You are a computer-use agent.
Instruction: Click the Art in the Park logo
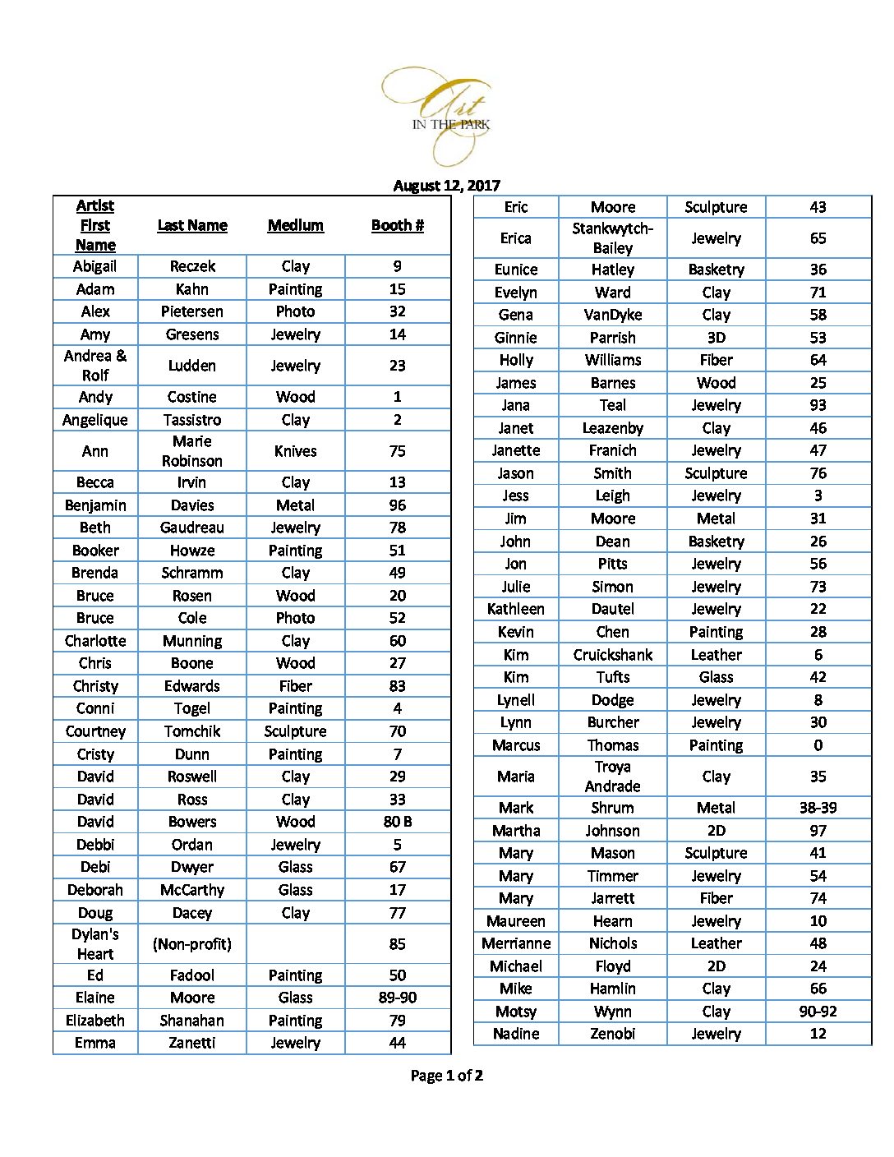[447, 115]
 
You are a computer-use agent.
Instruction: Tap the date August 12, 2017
[446, 186]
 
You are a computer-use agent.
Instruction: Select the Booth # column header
[398, 225]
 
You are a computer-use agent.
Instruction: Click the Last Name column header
[192, 225]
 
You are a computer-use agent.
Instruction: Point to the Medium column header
[296, 225]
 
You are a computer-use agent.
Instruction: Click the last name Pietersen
[192, 311]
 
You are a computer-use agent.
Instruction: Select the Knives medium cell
[296, 451]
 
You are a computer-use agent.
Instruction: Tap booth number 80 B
[398, 822]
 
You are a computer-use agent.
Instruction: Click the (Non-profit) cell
[192, 944]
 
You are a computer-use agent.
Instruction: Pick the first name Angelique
[95, 420]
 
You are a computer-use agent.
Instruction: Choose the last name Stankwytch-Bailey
[613, 238]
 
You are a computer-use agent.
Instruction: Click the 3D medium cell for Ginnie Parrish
[717, 338]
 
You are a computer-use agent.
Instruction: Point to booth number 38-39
[818, 808]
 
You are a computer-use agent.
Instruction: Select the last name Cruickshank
[613, 655]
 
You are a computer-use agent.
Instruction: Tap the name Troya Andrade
[613, 777]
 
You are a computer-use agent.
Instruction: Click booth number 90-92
[818, 1012]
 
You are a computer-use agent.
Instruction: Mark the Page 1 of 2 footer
[447, 1076]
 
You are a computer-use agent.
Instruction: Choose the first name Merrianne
[516, 943]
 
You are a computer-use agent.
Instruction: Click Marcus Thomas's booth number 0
[818, 745]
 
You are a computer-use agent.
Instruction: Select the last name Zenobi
[613, 1034]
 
